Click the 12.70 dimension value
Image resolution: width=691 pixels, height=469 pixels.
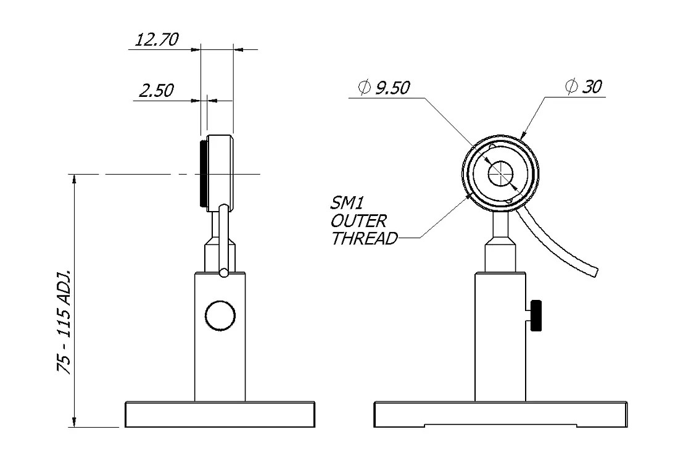click(157, 39)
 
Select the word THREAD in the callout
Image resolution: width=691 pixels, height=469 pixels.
click(365, 239)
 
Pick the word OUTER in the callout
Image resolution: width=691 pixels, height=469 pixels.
click(358, 221)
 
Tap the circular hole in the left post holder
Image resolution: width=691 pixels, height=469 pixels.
click(220, 315)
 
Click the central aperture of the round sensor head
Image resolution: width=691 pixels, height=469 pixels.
click(500, 173)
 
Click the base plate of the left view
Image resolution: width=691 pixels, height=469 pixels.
click(220, 414)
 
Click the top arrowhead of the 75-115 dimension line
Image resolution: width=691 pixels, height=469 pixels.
click(75, 180)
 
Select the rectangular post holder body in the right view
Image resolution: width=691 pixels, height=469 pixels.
click(500, 336)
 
